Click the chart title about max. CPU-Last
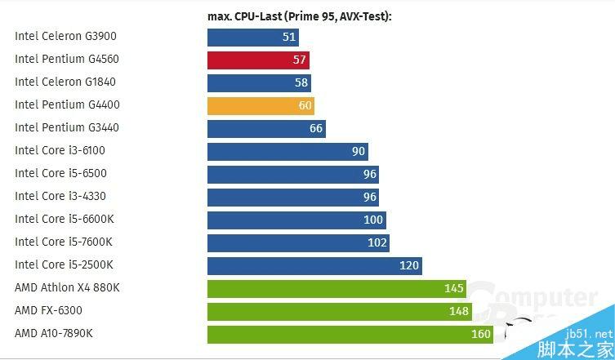[x=299, y=16]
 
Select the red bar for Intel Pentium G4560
[x=258, y=60]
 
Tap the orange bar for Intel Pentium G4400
[x=261, y=105]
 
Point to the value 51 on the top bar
[x=288, y=37]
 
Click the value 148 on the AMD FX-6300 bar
[x=458, y=311]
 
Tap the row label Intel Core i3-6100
[x=60, y=151]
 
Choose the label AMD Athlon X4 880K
[x=67, y=288]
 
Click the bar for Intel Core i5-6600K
[x=296, y=220]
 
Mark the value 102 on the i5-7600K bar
[x=377, y=242]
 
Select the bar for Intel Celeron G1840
[x=259, y=82]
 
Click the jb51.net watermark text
[x=589, y=334]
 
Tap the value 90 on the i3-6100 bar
[x=358, y=151]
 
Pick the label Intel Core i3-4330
[x=60, y=197]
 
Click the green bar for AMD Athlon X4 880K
[x=336, y=288]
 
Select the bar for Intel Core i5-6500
[x=292, y=174]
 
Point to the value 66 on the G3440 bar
[x=316, y=128]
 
